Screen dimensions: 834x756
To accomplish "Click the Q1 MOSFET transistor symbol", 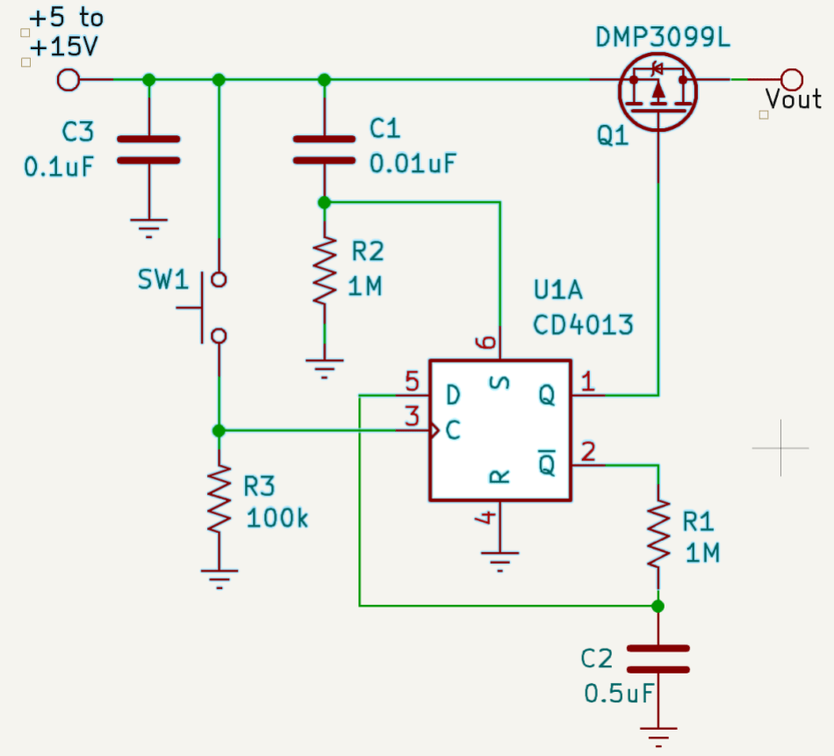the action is click(x=658, y=92).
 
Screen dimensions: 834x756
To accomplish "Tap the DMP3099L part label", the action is click(x=663, y=37).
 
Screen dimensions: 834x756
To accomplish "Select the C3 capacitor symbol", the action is click(x=148, y=149).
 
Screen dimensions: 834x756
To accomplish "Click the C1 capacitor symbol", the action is click(x=324, y=149).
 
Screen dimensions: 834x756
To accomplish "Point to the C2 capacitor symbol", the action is click(x=658, y=659).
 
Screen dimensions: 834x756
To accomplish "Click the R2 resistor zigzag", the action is click(x=325, y=271).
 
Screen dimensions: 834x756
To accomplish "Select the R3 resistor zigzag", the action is click(x=219, y=499).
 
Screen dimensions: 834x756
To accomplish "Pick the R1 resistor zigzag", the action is click(x=658, y=534).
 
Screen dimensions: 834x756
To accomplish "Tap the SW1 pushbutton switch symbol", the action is click(x=207, y=307).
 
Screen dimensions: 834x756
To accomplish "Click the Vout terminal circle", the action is click(x=792, y=80).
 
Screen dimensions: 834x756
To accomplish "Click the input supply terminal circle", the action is click(x=68, y=80).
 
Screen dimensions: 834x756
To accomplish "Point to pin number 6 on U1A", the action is click(x=486, y=342).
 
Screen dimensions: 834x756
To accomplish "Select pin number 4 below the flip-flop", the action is click(x=486, y=516).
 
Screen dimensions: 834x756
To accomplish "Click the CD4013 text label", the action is click(x=584, y=325).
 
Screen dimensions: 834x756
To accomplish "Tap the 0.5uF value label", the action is click(x=619, y=694).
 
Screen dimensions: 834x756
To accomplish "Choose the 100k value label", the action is click(x=277, y=518).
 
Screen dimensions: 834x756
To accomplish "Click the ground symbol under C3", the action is click(x=149, y=227).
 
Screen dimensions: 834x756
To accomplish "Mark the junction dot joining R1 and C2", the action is click(x=658, y=606).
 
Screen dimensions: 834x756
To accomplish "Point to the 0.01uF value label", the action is click(x=413, y=163).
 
